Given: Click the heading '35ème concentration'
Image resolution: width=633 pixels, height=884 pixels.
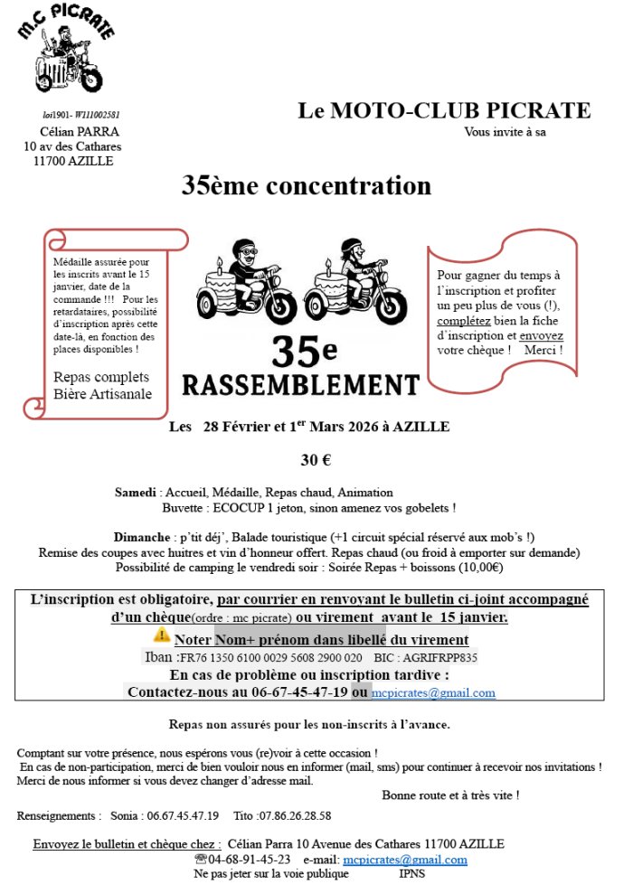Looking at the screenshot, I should (307, 186).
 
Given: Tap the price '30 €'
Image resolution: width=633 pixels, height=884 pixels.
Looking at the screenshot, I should (316, 459).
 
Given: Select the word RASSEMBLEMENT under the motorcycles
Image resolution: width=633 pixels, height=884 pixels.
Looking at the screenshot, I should (301, 384).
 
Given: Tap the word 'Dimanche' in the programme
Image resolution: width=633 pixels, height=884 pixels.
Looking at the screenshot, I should (142, 537).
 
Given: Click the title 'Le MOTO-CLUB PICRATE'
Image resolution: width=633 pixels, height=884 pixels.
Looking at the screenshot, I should (444, 111).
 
